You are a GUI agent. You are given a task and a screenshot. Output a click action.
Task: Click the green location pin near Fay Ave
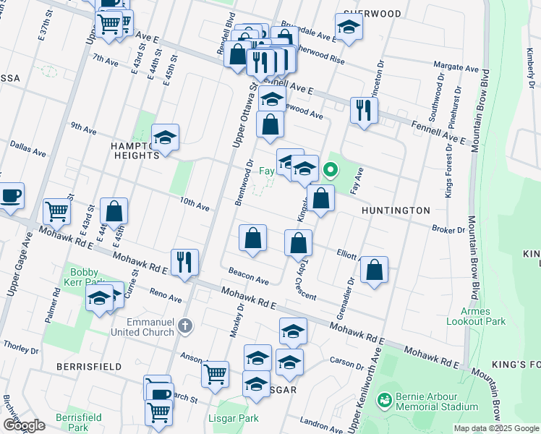click(x=331, y=171)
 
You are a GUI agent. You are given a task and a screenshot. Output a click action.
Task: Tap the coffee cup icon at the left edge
click(x=10, y=196)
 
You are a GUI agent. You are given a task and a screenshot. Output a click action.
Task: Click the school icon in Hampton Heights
click(x=165, y=137)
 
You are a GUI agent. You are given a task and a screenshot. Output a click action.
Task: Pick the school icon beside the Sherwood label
click(x=349, y=27)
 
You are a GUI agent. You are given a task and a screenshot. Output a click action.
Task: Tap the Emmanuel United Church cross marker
click(x=187, y=326)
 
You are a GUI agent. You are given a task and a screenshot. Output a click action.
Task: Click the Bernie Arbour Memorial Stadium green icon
click(x=384, y=399)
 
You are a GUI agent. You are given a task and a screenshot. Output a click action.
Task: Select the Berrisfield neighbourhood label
click(x=89, y=367)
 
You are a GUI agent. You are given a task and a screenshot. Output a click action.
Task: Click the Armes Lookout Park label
click(x=476, y=317)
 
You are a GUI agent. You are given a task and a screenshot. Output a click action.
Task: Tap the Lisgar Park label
click(x=238, y=418)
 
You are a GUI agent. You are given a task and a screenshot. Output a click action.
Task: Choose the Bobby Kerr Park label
click(x=84, y=276)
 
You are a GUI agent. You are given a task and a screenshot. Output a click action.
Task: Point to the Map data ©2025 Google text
click(x=495, y=428)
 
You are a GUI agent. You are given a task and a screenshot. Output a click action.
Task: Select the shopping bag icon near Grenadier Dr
click(x=373, y=270)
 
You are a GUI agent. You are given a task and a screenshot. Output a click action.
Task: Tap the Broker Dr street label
click(x=448, y=229)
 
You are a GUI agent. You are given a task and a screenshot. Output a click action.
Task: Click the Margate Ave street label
click(x=461, y=67)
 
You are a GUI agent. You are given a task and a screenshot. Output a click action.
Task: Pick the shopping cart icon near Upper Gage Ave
click(x=56, y=211)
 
